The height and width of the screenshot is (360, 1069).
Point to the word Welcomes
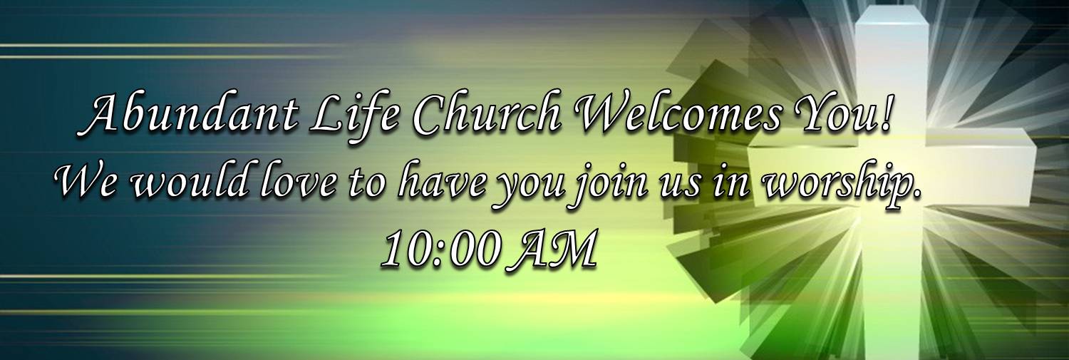[x=679, y=115]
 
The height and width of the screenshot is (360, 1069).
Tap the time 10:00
[x=439, y=249]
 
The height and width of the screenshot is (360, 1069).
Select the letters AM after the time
[x=554, y=249]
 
